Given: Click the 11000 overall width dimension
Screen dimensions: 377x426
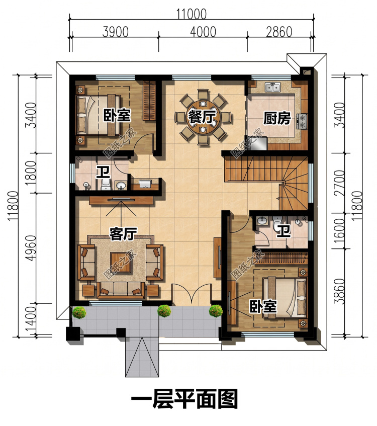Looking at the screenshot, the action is [x=192, y=14].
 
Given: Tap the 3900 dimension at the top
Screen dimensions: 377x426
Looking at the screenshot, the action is [x=116, y=32].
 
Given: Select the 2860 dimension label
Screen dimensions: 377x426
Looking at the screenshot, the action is [x=279, y=32].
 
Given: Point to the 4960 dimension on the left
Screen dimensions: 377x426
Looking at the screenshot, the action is [x=32, y=248].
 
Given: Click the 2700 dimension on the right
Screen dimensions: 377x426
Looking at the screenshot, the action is [x=339, y=183].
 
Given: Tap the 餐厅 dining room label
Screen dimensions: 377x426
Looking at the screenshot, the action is [x=202, y=117].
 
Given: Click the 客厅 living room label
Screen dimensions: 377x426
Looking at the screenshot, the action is [x=123, y=234].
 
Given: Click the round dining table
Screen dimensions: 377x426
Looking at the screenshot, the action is [x=203, y=117].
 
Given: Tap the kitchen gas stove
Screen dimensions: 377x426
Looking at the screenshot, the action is [x=303, y=121].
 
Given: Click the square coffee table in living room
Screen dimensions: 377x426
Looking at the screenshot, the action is [x=120, y=262].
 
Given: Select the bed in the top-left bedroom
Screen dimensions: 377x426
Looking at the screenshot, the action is [x=99, y=115].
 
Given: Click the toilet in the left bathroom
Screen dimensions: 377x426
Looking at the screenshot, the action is [x=106, y=184].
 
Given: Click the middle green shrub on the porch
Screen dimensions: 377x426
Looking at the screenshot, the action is [x=164, y=311].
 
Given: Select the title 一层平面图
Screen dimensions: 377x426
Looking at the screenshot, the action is [x=184, y=398].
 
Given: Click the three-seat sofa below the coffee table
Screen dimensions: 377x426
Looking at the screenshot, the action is [x=121, y=289].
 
